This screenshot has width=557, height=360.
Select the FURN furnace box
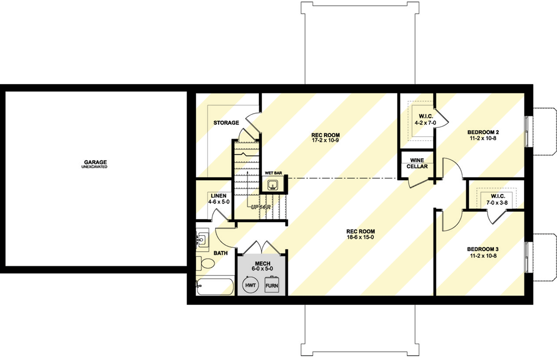(272, 284)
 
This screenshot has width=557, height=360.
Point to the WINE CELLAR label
(417, 164)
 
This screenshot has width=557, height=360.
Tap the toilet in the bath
(206, 263)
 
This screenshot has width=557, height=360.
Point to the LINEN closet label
(218, 196)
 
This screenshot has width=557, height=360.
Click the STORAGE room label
(226, 123)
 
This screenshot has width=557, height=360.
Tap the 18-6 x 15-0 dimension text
(360, 237)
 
